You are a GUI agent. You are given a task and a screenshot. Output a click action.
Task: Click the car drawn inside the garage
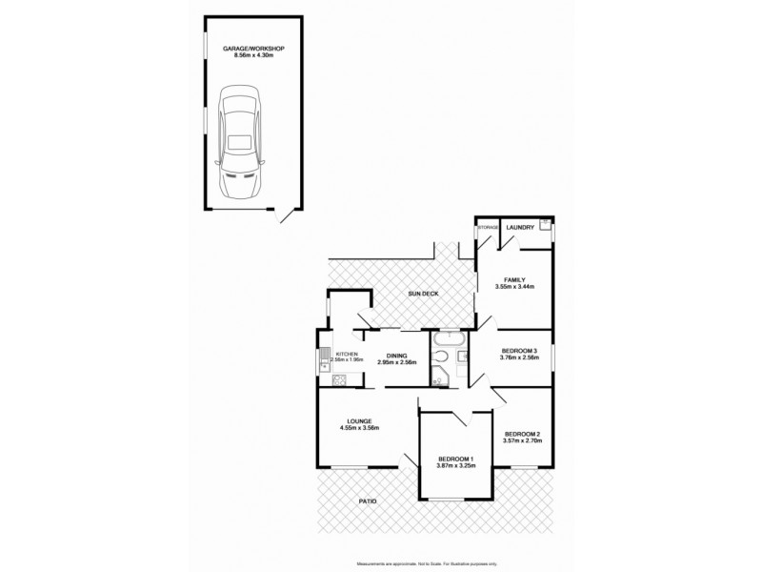[x=238, y=138]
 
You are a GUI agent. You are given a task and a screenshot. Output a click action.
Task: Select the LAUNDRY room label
[x=519, y=227]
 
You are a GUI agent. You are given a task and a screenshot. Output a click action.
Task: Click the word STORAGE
[x=489, y=228]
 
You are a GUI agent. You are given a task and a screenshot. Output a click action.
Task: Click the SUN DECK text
[x=423, y=294]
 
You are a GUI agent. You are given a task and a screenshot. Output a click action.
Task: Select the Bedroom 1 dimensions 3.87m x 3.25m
[x=454, y=467]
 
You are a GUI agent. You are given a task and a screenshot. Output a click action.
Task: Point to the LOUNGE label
[x=359, y=420]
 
